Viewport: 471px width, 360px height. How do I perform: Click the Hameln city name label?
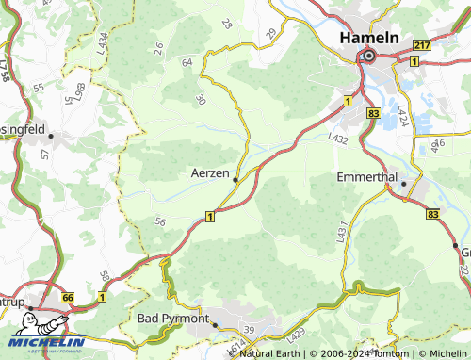coord(368,38)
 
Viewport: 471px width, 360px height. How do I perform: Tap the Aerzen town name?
coord(210,173)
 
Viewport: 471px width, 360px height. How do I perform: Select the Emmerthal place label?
coord(369,176)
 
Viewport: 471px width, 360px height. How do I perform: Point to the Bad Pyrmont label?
coord(173,319)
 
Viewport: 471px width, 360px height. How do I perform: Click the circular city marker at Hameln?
coord(367,57)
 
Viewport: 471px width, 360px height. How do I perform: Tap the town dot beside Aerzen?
coord(235,179)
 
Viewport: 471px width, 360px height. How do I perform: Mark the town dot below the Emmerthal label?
coord(403,185)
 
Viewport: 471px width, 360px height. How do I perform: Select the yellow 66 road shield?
coord(68,297)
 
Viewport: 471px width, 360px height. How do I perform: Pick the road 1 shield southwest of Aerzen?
coord(208,217)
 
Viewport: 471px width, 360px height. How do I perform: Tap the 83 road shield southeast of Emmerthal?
coord(431,215)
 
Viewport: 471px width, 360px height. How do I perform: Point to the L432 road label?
coord(338,138)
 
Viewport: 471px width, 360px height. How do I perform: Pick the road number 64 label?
coord(187,62)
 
